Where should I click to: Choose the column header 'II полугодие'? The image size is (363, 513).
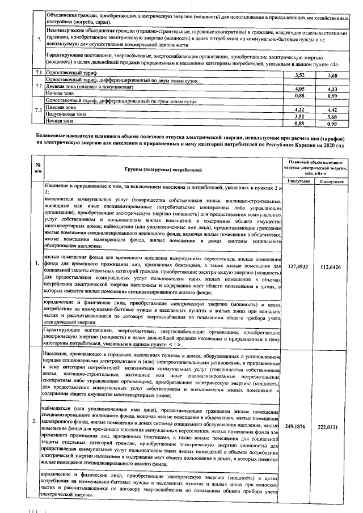tap(333, 180)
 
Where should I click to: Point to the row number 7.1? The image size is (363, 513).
tap(39, 74)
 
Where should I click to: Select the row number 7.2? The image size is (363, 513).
tap(39, 86)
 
